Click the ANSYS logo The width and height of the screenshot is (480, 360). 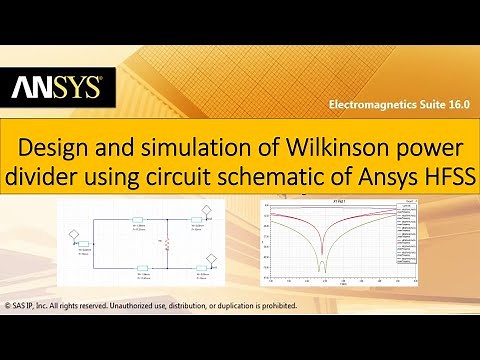[x=56, y=89]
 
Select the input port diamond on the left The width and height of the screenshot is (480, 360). [x=72, y=236]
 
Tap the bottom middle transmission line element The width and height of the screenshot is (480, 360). [x=140, y=267]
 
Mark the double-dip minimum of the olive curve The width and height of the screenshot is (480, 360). [x=322, y=266]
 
